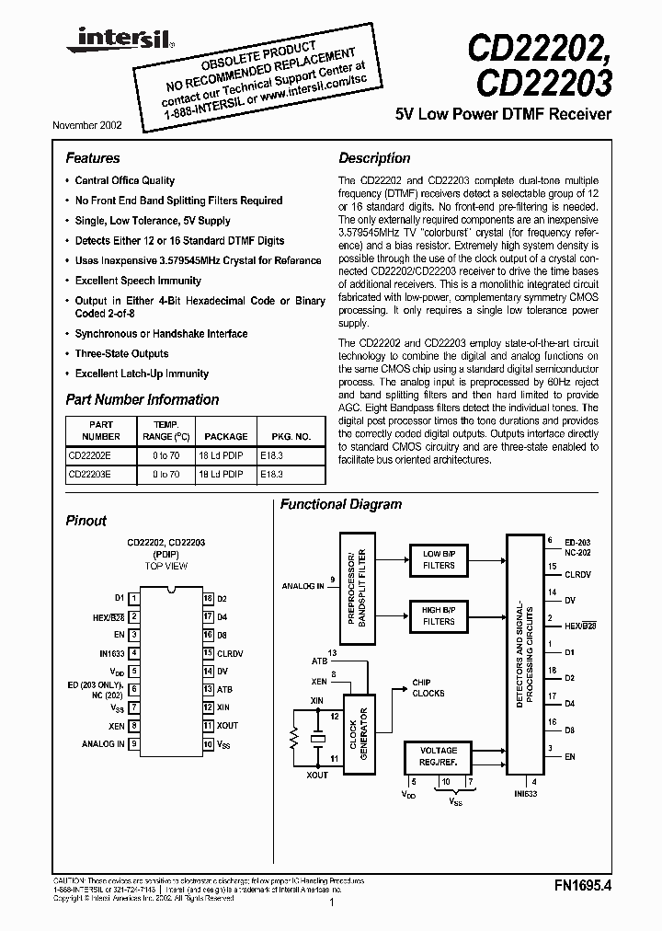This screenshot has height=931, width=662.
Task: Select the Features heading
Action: (x=93, y=158)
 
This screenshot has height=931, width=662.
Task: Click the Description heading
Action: (x=374, y=158)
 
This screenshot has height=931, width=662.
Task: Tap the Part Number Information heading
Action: (x=143, y=400)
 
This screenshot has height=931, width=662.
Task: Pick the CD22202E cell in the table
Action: (x=89, y=455)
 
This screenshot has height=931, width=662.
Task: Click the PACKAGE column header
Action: (x=225, y=436)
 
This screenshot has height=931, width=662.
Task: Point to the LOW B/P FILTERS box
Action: (x=439, y=559)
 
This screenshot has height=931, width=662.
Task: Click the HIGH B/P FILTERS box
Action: (x=439, y=615)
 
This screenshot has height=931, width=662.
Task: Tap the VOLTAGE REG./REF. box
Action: (x=439, y=756)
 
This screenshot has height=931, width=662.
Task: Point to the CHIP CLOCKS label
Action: (x=428, y=688)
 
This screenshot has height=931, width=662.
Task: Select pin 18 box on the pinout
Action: (x=209, y=598)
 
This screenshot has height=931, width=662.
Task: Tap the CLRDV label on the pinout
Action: (x=231, y=654)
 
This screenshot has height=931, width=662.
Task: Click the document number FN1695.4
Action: (x=583, y=887)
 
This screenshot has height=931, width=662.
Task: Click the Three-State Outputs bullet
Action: (x=121, y=354)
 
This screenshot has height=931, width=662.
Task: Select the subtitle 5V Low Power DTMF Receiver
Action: (x=503, y=115)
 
